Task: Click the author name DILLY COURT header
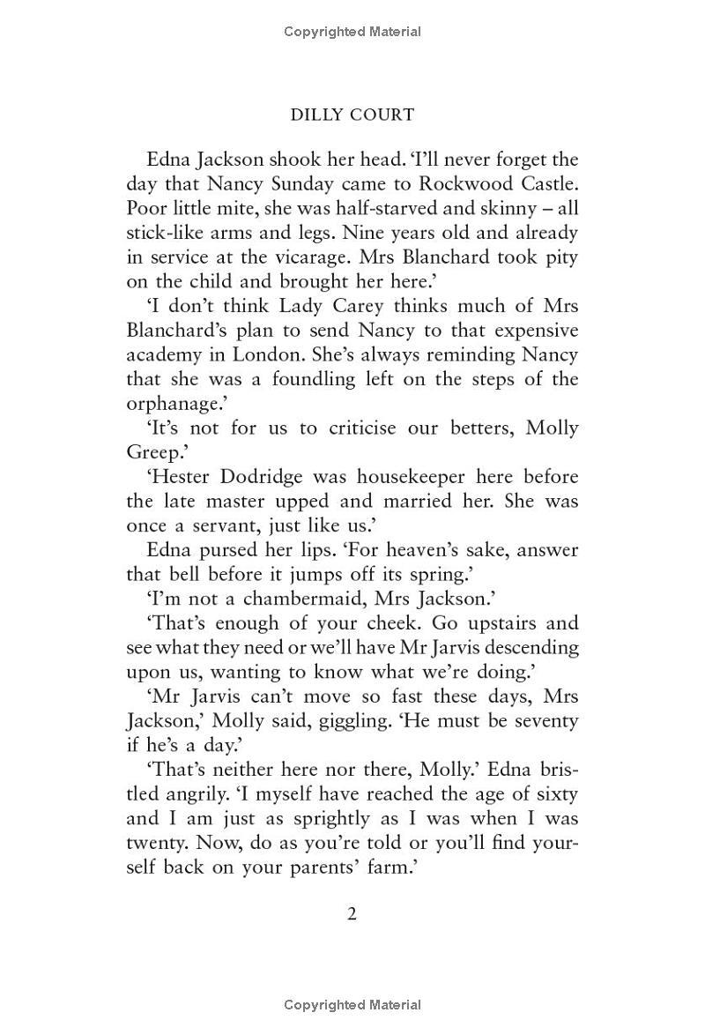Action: pyautogui.click(x=352, y=115)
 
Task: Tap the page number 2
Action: pyautogui.click(x=352, y=914)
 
